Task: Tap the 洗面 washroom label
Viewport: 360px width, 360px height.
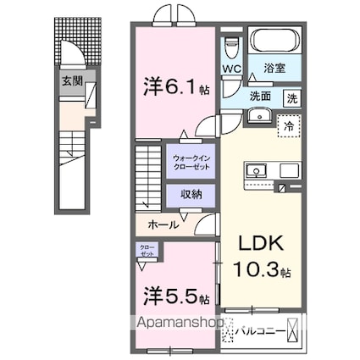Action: (260, 96)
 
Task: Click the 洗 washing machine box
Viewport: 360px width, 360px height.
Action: (291, 97)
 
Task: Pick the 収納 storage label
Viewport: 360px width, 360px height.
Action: (191, 194)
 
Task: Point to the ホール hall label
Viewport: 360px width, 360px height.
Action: (163, 224)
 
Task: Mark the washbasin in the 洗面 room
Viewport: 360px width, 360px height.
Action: (262, 116)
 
